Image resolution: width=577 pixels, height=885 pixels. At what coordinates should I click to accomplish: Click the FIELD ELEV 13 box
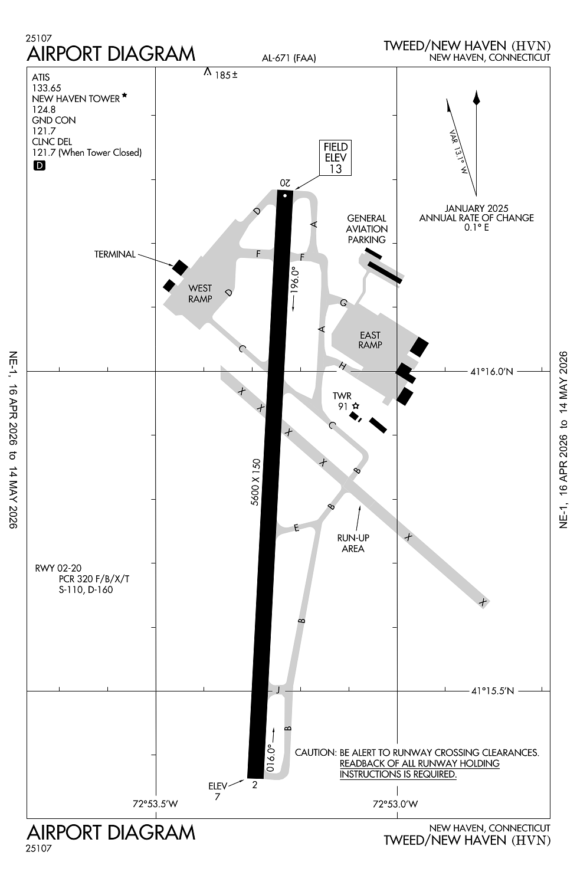click(335, 158)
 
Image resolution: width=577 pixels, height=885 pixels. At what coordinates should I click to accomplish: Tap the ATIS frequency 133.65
click(47, 88)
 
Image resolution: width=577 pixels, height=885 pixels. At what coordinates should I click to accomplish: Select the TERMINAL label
click(114, 254)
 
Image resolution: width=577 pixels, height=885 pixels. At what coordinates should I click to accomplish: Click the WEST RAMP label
click(200, 293)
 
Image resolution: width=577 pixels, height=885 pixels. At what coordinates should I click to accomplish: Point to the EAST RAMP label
click(370, 340)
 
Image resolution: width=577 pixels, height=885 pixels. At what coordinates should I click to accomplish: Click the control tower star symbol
click(356, 406)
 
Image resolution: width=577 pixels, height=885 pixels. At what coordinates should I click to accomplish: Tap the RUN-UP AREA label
click(353, 543)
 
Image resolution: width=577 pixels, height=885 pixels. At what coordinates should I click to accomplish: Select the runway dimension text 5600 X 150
click(255, 481)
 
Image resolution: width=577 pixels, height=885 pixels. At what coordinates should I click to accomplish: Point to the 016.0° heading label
click(271, 758)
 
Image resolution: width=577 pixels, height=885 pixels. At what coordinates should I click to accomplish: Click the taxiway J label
click(277, 690)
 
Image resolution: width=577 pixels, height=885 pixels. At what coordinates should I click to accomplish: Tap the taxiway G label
click(343, 303)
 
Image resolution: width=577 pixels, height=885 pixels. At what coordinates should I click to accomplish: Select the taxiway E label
click(296, 527)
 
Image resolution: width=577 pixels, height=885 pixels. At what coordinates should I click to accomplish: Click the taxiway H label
click(342, 366)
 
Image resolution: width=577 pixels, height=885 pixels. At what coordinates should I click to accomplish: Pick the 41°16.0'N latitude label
click(491, 372)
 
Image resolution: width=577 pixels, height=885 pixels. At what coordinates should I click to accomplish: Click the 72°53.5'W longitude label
click(155, 804)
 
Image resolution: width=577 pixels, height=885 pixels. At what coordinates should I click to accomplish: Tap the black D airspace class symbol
click(39, 166)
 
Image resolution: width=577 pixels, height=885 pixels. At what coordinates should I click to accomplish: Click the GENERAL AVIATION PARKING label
click(366, 229)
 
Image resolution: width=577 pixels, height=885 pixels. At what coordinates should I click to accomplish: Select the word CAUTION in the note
click(315, 753)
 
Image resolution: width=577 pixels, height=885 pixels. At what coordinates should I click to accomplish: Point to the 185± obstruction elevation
click(225, 76)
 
